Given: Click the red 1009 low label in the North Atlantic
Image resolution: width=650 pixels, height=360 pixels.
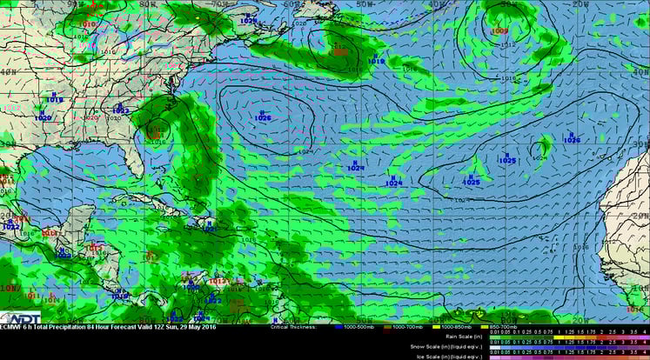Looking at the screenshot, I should pyautogui.click(x=499, y=31).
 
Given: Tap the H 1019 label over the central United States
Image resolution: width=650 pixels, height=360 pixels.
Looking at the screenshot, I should pyautogui.click(x=55, y=99).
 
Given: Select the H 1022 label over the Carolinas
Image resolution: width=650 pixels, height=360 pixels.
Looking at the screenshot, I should pyautogui.click(x=120, y=110).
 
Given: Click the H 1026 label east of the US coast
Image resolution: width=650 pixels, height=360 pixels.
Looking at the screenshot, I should pyautogui.click(x=263, y=116).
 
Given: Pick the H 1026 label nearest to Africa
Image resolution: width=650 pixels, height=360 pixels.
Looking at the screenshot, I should pyautogui.click(x=571, y=138).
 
